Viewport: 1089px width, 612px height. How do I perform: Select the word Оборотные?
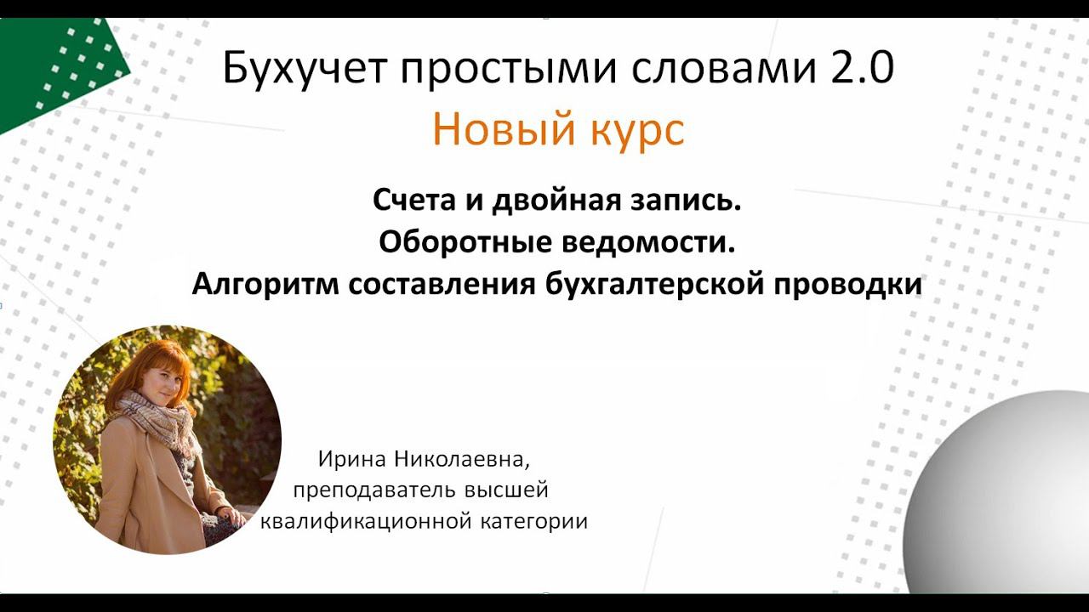[465, 243]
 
